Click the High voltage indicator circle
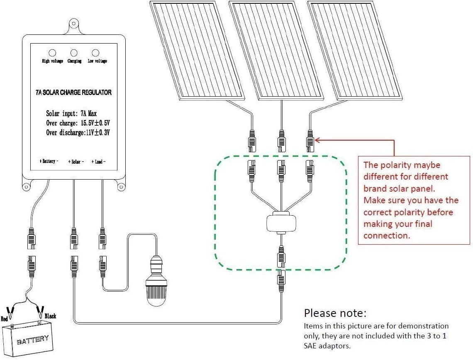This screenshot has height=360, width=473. click(x=53, y=53)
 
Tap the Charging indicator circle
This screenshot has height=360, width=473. click(x=74, y=53)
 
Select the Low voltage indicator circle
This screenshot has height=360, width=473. click(x=95, y=53)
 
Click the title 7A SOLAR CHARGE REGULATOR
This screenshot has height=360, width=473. click(x=73, y=92)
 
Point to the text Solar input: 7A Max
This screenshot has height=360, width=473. click(x=72, y=113)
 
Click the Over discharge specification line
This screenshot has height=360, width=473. click(x=78, y=133)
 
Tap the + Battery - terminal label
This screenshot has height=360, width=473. click(x=49, y=161)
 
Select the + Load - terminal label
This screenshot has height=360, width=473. click(x=98, y=161)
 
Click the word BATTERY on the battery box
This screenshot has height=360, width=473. click(x=33, y=340)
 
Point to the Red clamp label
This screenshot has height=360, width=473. click(x=5, y=319)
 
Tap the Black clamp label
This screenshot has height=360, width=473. click(x=50, y=316)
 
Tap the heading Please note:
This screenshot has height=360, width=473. click(x=335, y=313)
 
